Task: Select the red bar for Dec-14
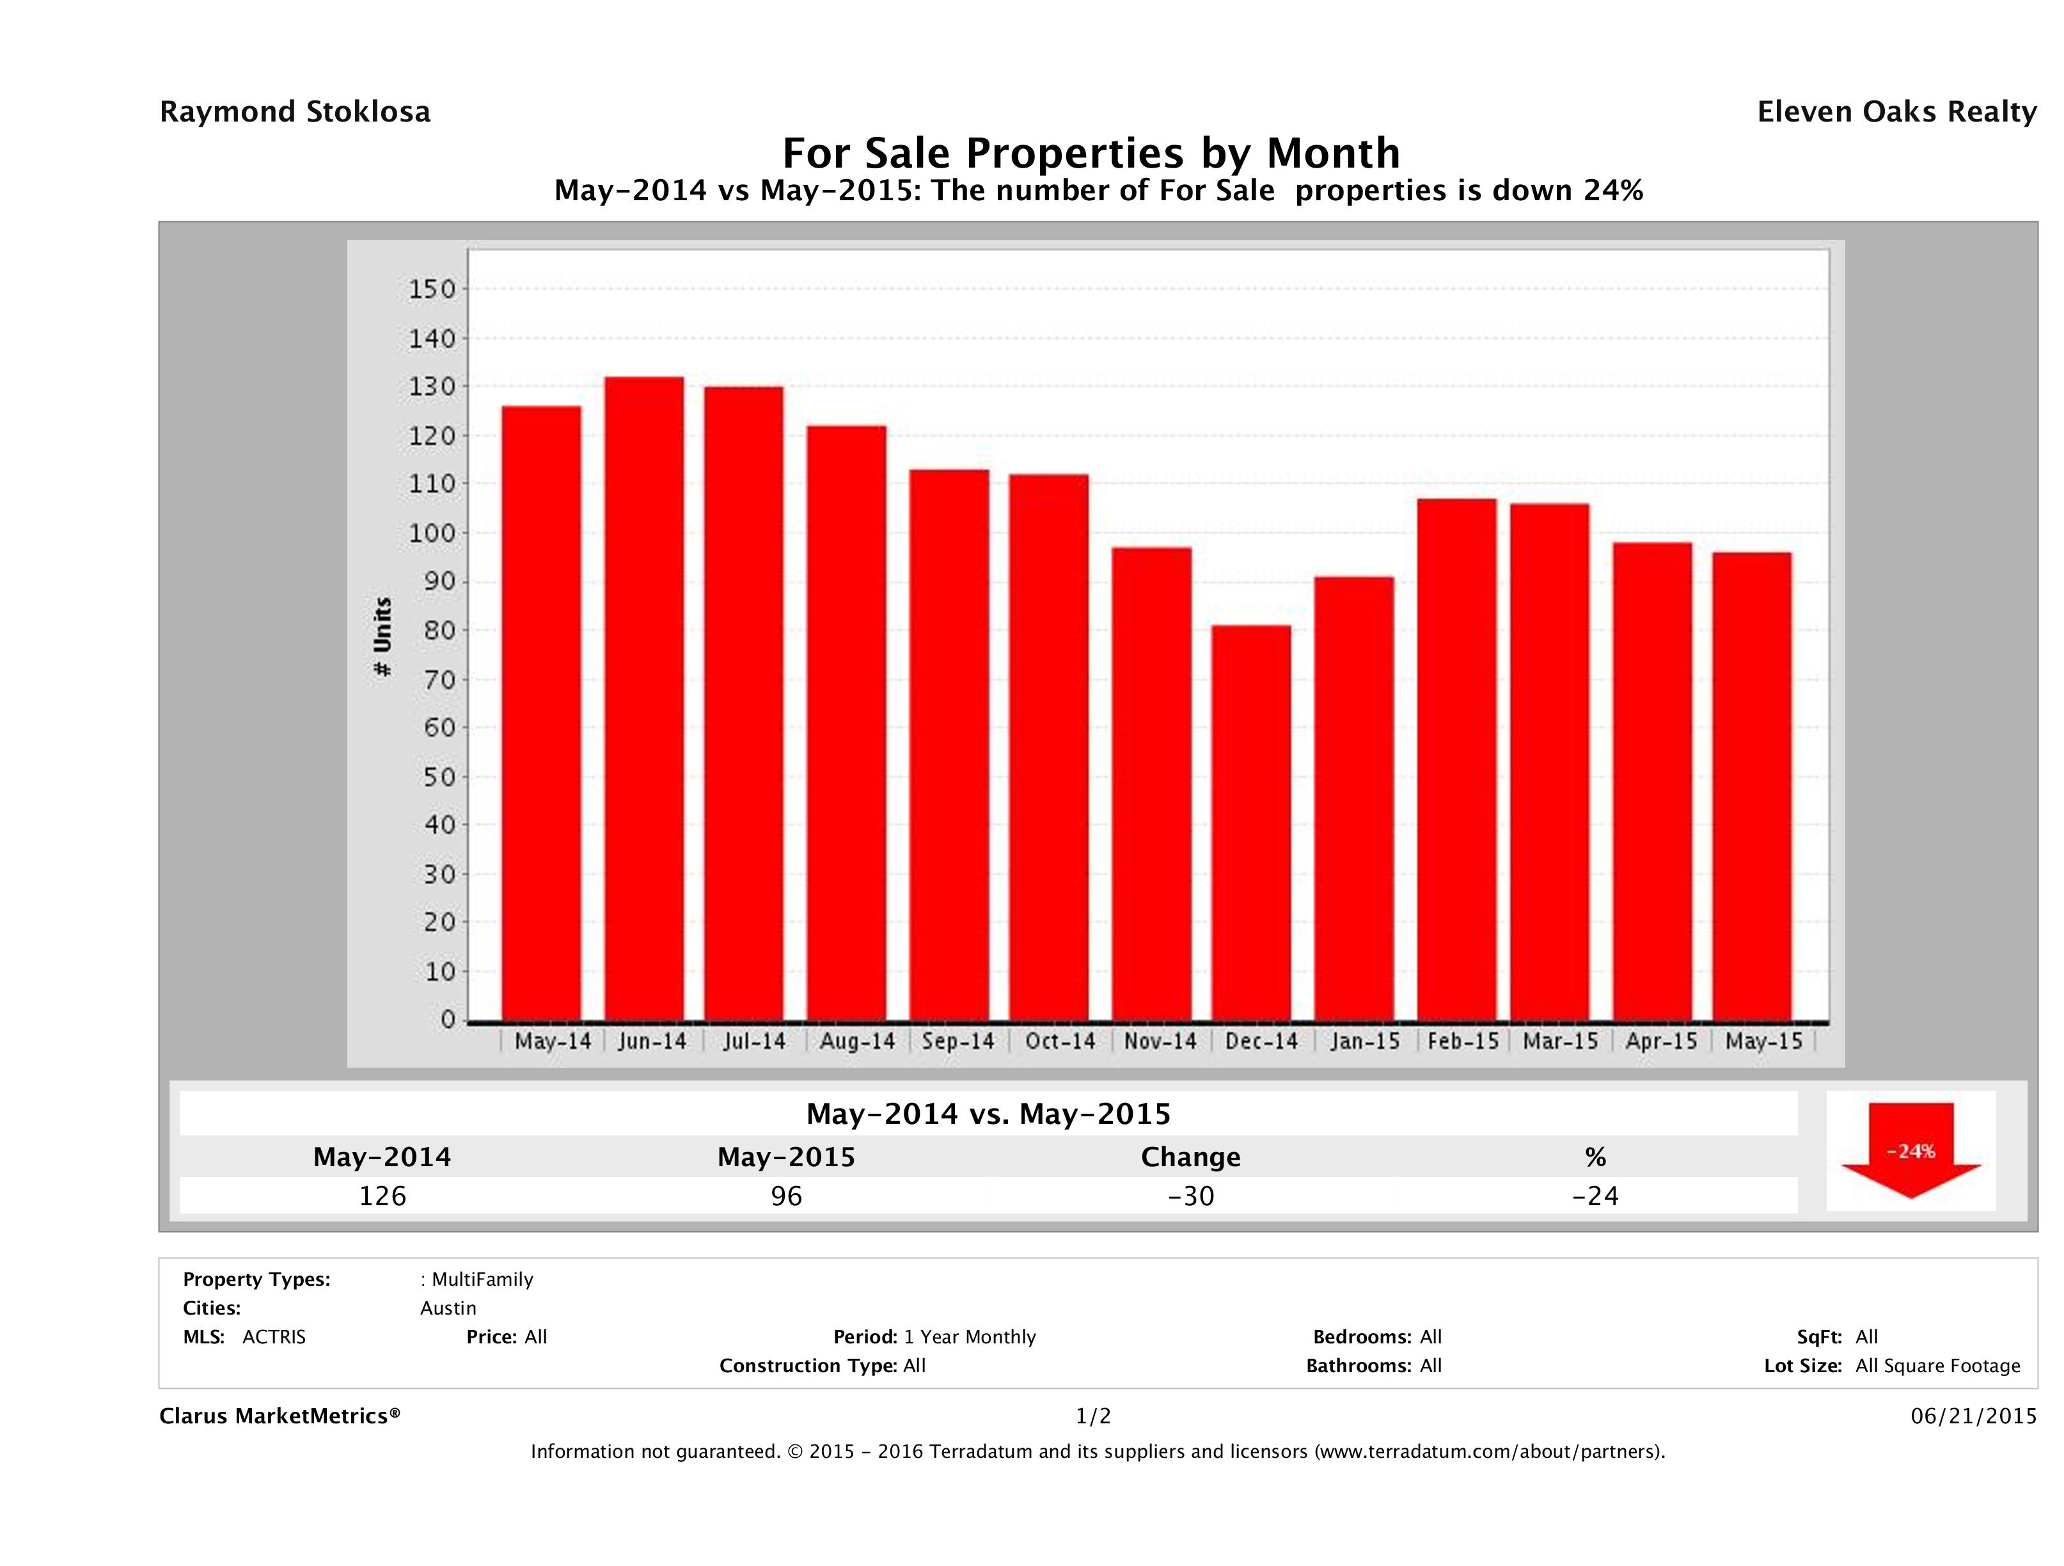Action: (1251, 823)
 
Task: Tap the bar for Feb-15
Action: (1456, 760)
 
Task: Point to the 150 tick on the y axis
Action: (432, 289)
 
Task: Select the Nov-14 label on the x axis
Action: (1160, 1041)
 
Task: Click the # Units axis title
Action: (382, 637)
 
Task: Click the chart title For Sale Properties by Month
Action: (1090, 152)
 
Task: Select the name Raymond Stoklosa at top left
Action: (295, 112)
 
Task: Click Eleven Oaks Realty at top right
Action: (1896, 112)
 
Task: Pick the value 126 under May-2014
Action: (382, 1196)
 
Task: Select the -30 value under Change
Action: (1191, 1196)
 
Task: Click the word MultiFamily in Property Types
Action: (482, 1279)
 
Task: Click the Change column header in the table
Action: (1191, 1157)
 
